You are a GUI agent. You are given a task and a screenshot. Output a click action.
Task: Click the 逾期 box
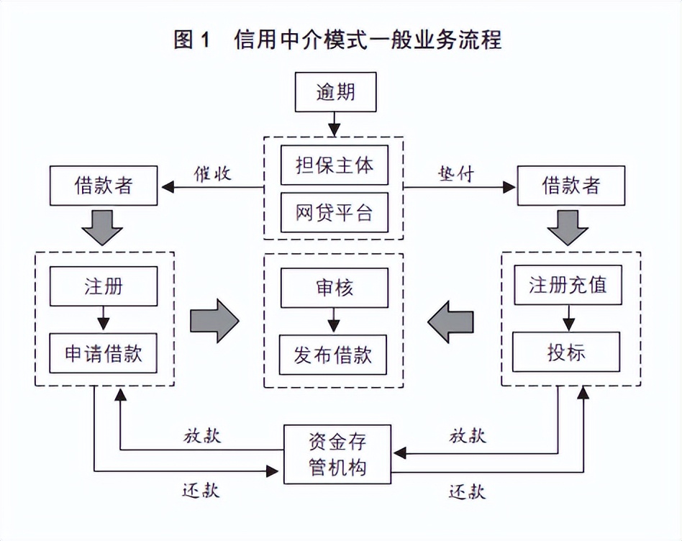(x=335, y=93)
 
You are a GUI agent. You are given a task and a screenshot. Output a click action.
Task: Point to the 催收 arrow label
(x=212, y=173)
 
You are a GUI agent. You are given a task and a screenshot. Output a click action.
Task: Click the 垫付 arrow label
(x=456, y=173)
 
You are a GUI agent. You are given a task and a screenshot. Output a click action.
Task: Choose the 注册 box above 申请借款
(x=104, y=286)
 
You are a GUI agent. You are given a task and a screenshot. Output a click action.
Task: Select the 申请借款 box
(x=104, y=353)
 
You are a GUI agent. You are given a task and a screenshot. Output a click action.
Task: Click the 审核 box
(x=334, y=289)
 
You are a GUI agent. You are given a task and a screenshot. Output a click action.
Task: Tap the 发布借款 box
(x=334, y=355)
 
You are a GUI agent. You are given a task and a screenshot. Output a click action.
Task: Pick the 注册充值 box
(x=568, y=284)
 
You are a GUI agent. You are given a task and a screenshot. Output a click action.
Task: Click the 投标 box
(x=568, y=352)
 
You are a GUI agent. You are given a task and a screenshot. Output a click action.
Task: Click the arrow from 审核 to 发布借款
(x=334, y=322)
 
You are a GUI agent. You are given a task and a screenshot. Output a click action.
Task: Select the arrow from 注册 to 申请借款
(x=104, y=319)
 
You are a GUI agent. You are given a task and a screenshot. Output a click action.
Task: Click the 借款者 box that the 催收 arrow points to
(x=104, y=186)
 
